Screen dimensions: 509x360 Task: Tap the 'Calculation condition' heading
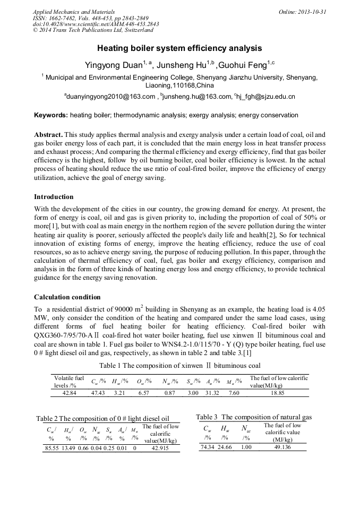click(x=67, y=297)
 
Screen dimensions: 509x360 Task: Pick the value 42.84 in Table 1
click(x=70, y=393)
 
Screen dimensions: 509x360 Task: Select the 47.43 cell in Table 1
click(x=98, y=393)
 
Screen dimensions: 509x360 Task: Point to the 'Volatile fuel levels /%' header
click(x=69, y=381)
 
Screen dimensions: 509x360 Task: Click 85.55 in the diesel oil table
click(x=52, y=448)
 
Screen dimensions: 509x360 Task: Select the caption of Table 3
click(x=254, y=417)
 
